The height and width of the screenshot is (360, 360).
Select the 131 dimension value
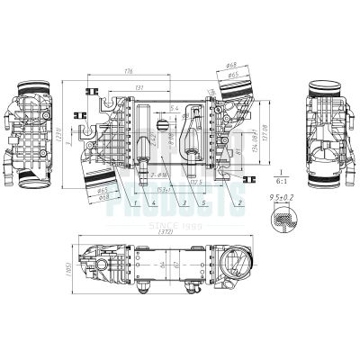tap(137, 87)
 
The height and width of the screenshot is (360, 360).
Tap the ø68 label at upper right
tap(230, 66)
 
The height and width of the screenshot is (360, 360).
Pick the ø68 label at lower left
tap(103, 198)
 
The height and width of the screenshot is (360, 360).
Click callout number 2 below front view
tap(240, 205)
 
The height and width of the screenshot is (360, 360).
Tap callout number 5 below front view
tap(205, 205)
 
